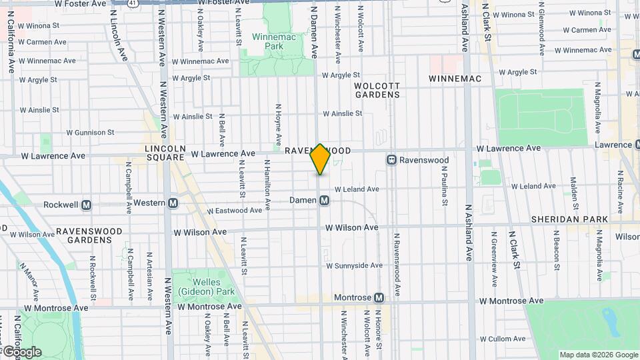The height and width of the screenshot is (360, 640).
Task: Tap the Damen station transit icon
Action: point(324,200)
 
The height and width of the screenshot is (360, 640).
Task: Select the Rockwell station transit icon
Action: point(86,205)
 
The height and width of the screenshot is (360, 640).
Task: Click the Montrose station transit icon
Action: point(379,297)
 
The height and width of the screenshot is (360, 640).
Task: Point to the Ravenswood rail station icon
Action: point(391,160)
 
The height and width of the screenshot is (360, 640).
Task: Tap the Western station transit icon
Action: point(173,202)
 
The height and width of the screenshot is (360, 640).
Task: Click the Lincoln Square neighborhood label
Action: point(165,153)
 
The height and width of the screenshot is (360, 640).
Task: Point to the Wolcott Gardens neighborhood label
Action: point(377,90)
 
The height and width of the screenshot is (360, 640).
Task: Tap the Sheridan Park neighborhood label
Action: point(569,219)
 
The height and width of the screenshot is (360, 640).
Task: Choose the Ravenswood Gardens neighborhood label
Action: point(89,235)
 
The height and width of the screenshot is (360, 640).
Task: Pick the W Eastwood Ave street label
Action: point(234,211)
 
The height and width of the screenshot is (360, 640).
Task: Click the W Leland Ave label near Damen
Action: point(357,189)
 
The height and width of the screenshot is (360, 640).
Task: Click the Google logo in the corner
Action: point(22,351)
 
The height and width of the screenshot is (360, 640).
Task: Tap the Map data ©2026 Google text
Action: point(599,355)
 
